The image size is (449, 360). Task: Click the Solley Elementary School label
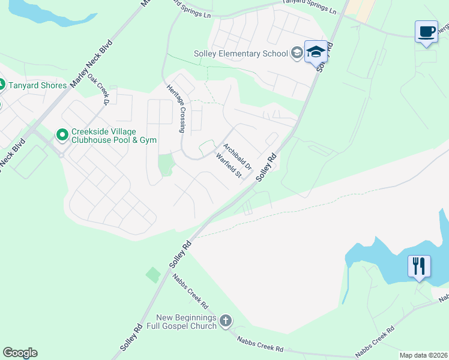[241, 53]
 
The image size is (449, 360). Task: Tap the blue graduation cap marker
[316, 52]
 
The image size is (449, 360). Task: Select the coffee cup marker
[426, 32]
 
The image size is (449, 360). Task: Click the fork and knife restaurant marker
[418, 266]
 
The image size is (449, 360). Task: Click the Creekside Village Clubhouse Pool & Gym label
[113, 136]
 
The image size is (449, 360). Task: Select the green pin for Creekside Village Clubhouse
[62, 135]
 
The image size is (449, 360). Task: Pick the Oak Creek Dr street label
[98, 88]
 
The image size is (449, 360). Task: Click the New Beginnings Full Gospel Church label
[185, 322]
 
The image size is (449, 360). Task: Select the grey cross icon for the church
[225, 321]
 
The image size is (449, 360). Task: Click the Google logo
[20, 352]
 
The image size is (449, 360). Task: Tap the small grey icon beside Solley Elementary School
[296, 53]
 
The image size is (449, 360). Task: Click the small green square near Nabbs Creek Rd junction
[153, 275]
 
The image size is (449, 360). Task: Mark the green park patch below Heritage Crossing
[164, 163]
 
